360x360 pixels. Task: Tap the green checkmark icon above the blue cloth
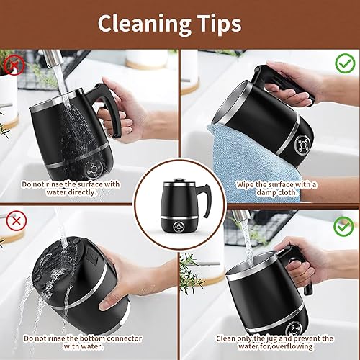coord(345,63)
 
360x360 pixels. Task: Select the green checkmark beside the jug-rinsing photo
coord(343,227)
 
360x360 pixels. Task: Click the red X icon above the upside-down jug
coord(17,221)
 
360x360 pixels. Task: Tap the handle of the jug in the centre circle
coord(207,199)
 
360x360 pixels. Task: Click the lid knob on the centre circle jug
coord(179,179)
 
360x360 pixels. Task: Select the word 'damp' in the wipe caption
coord(266,192)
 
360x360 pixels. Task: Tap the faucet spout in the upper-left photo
coord(52,58)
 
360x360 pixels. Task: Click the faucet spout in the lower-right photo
coord(240,215)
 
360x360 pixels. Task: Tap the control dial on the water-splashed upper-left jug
coord(94,169)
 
